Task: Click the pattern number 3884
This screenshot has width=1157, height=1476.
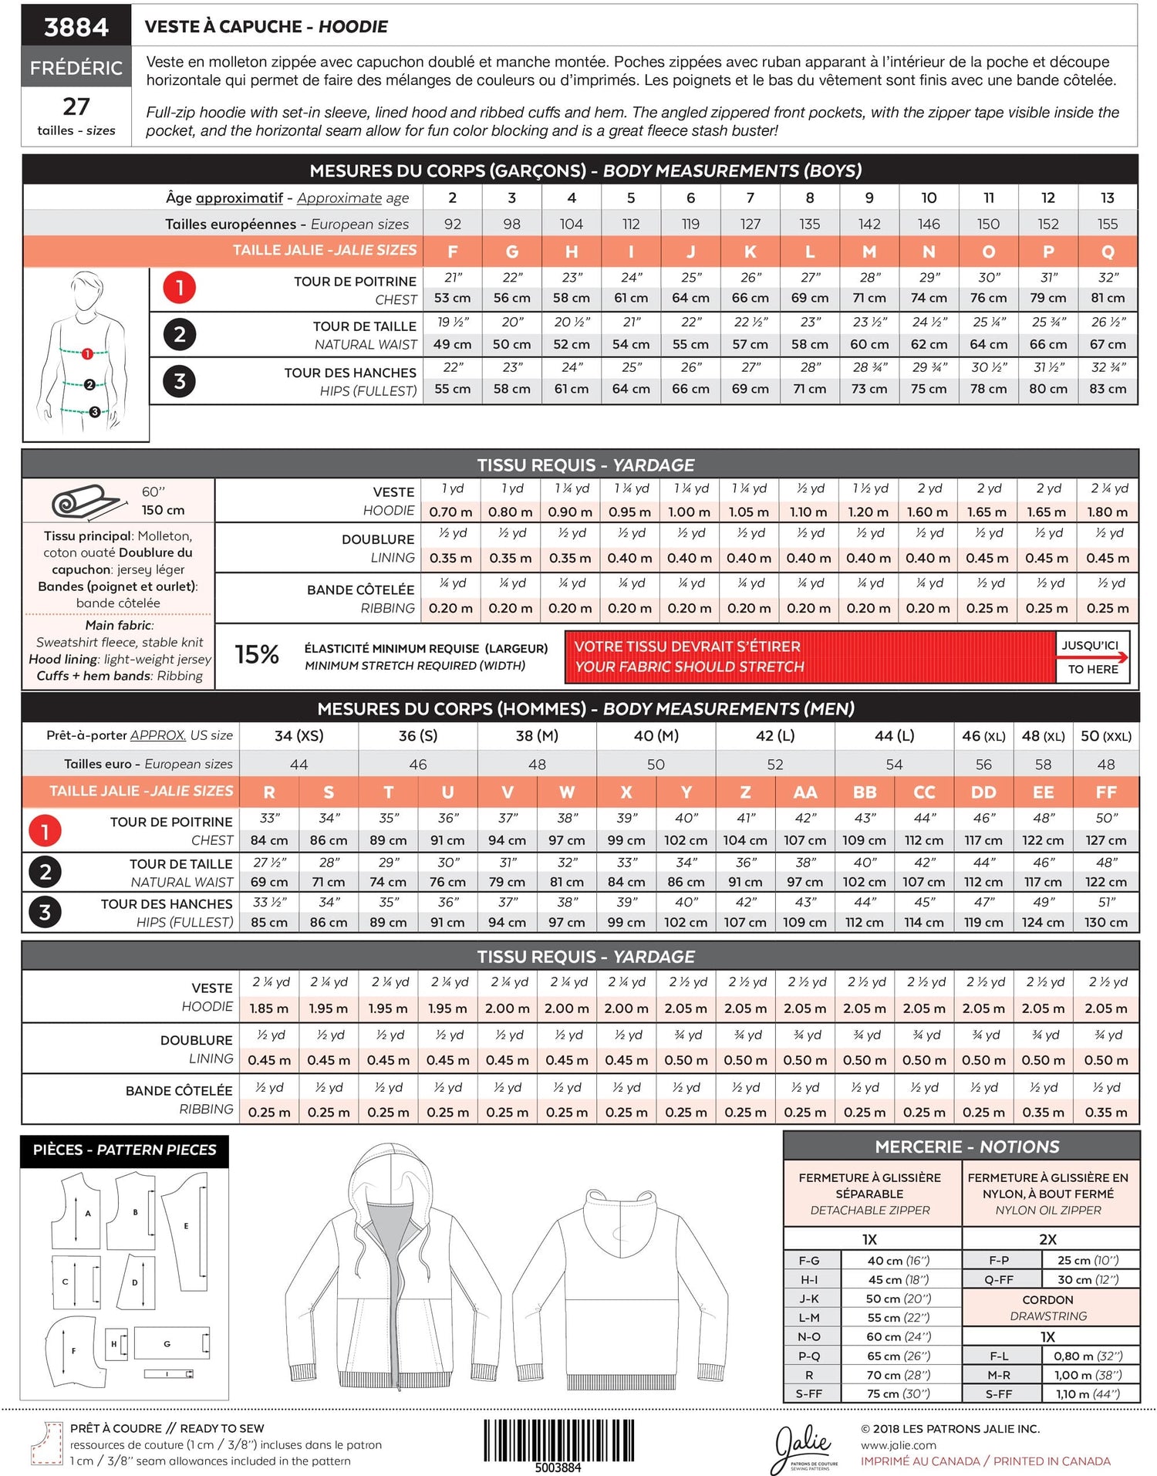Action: pos(76,28)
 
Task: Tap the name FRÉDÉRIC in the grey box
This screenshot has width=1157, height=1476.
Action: pos(76,68)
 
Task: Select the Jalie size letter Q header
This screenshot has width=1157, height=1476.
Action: pos(1108,252)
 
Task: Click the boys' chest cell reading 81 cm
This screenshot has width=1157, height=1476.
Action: pos(1108,298)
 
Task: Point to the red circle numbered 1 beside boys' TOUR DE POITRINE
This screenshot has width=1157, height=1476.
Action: pos(179,288)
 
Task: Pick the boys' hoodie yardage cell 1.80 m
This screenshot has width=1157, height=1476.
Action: pos(1108,512)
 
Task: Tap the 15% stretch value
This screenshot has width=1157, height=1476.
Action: pos(256,654)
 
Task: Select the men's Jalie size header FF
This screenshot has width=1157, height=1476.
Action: pos(1105,792)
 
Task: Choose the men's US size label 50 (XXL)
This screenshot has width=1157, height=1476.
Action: pos(1105,736)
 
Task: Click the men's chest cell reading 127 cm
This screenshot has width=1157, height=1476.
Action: pos(1105,840)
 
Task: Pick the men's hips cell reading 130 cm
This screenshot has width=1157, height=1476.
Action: pos(1105,922)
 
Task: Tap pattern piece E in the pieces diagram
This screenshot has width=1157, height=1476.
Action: pos(187,1225)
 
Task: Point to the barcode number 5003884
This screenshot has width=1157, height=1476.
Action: pos(558,1468)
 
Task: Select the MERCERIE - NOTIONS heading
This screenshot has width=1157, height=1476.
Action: pos(966,1147)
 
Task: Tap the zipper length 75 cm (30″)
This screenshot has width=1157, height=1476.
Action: pos(898,1393)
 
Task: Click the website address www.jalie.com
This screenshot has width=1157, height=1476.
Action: pos(898,1445)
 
